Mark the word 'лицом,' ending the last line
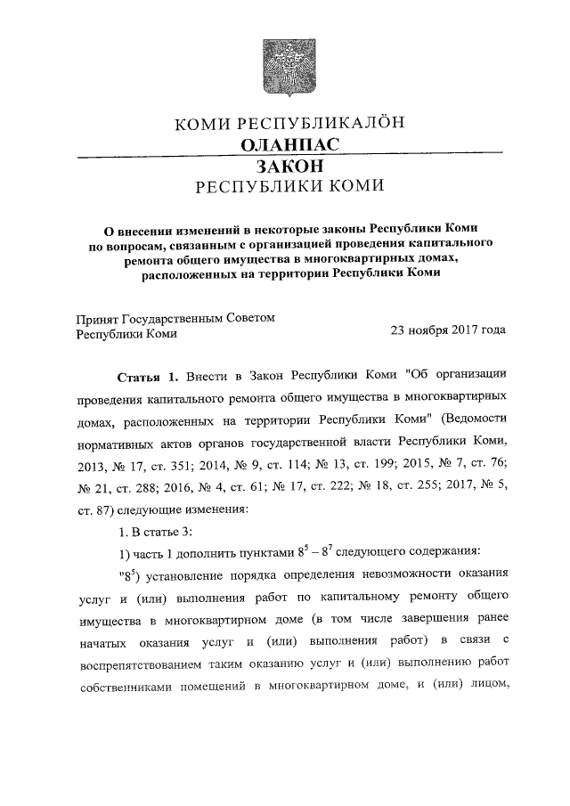484,684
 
